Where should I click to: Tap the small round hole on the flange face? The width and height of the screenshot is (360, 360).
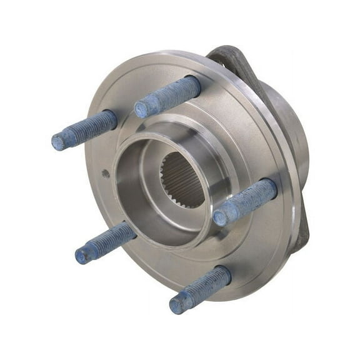(x=106, y=173)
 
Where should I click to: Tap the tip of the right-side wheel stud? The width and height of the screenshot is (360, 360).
(x=221, y=217)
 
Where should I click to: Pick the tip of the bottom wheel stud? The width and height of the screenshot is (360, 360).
(x=177, y=304)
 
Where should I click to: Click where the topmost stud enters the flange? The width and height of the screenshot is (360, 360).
(x=195, y=84)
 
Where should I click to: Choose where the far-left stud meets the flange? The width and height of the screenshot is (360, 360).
(x=112, y=119)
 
